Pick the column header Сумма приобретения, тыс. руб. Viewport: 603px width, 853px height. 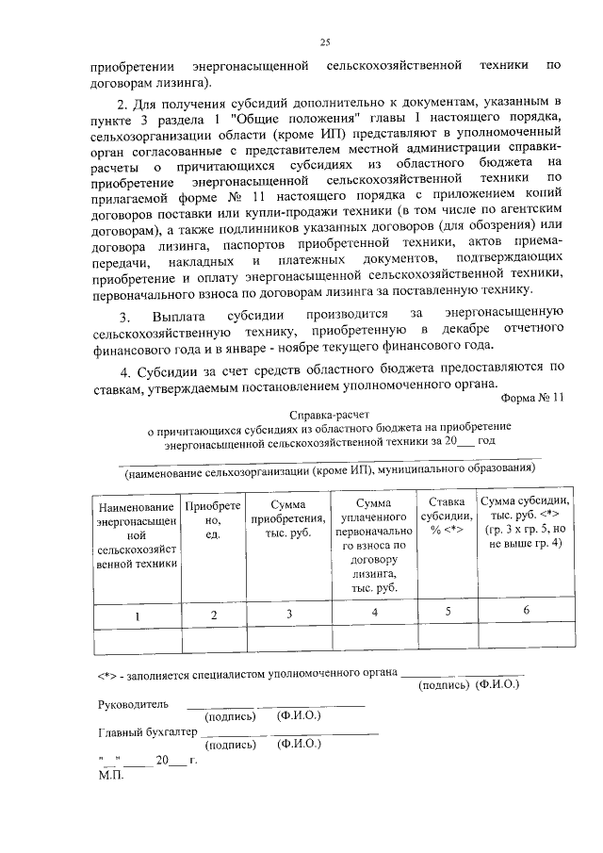pos(288,520)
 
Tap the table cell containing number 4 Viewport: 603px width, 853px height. pos(374,614)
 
